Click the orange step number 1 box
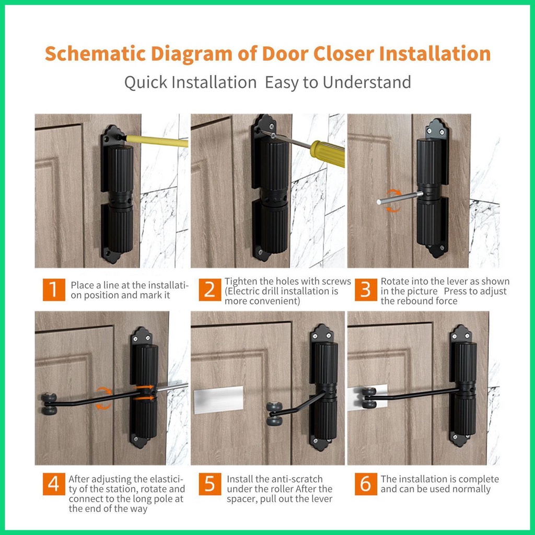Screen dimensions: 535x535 [54, 289]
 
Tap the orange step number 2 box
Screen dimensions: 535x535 [210, 289]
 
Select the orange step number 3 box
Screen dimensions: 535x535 [366, 289]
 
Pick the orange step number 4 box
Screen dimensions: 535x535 [54, 484]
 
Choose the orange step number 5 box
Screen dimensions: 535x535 [210, 484]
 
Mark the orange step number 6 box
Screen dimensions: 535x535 [366, 484]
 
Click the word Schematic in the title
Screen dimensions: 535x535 [96, 54]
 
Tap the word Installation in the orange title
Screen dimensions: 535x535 [435, 54]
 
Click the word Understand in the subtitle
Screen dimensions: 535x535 [367, 82]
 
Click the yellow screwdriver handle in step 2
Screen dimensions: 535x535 [327, 154]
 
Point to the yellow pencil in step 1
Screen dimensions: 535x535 [156, 141]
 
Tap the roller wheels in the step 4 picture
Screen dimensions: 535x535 [49, 404]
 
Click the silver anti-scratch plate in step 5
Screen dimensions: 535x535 [218, 400]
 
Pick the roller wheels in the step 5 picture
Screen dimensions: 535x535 [274, 414]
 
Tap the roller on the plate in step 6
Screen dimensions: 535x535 [369, 398]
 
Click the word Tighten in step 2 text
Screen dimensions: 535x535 [240, 282]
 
